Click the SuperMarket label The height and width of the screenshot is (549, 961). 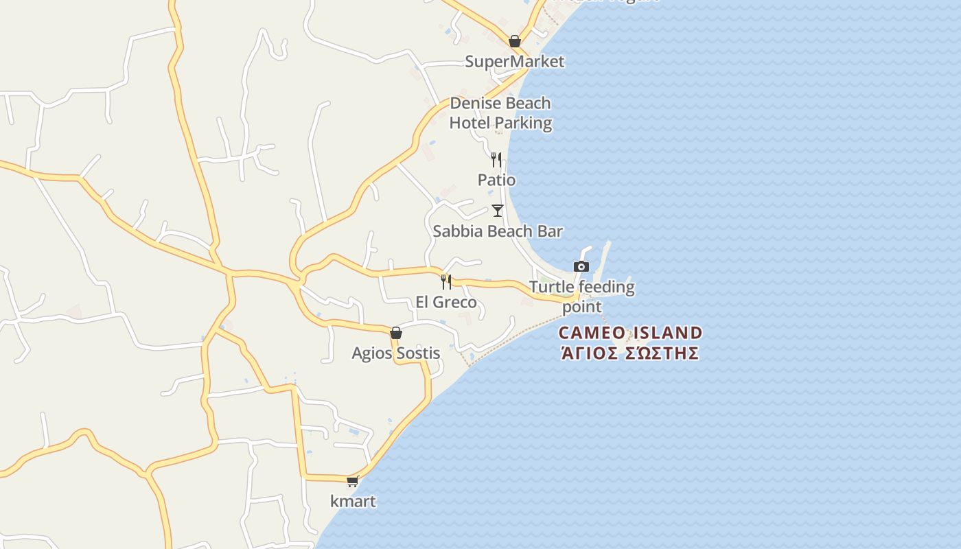515,62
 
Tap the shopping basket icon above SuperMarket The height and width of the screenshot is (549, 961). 515,41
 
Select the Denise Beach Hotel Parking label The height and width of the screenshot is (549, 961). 500,113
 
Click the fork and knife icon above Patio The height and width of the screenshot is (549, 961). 496,160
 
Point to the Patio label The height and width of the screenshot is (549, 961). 496,180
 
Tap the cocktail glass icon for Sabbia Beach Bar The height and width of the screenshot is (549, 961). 498,211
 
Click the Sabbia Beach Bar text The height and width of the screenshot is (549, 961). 498,231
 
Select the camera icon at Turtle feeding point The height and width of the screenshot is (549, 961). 581,266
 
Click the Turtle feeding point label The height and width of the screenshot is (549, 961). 582,296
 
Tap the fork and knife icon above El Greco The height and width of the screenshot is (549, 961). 446,281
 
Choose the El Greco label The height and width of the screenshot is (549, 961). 446,303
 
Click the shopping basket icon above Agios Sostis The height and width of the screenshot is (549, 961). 396,333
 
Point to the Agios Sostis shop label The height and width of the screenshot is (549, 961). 396,353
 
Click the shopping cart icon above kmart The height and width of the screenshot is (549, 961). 353,481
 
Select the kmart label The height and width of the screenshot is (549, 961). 353,502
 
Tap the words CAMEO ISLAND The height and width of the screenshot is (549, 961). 630,334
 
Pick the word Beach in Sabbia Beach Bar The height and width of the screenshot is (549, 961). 505,231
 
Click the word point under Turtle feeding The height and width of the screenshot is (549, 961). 582,307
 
